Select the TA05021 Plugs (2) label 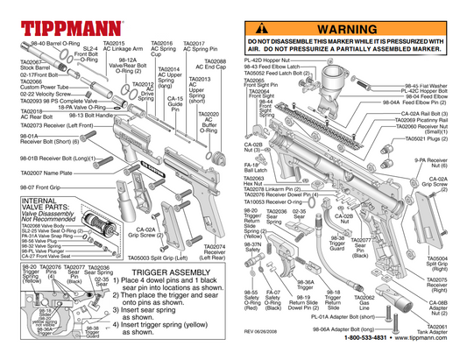coord(428,138)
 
